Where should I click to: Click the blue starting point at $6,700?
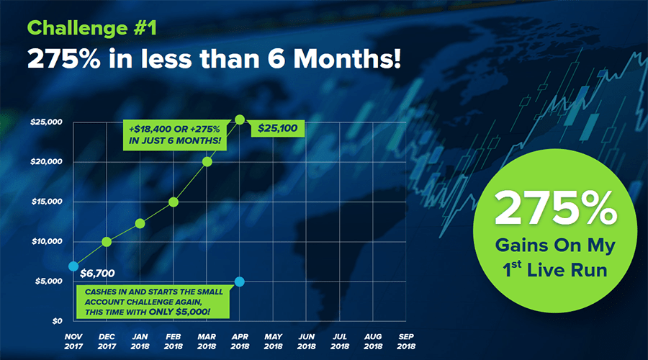pyautogui.click(x=73, y=266)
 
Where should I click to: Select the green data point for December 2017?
pyautogui.click(x=107, y=242)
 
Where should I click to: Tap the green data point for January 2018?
pyautogui.click(x=140, y=224)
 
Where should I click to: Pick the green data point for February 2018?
pyautogui.click(x=174, y=202)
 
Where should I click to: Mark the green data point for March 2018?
pyautogui.click(x=207, y=162)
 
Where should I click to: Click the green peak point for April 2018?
pyautogui.click(x=240, y=120)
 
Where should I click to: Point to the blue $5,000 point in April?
pyautogui.click(x=239, y=282)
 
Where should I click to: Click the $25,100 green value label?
pyautogui.click(x=277, y=128)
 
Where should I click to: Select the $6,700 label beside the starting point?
pyautogui.click(x=97, y=273)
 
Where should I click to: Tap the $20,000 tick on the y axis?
pyautogui.click(x=46, y=161)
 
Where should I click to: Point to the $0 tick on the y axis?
pyautogui.click(x=57, y=321)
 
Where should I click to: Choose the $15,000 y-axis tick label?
pyautogui.click(x=47, y=202)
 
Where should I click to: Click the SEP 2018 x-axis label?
pyautogui.click(x=406, y=341)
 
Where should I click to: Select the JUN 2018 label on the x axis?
pyautogui.click(x=306, y=341)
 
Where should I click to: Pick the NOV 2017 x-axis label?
pyautogui.click(x=73, y=341)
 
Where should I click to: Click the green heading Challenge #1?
pyautogui.click(x=91, y=28)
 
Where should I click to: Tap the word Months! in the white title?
pyautogui.click(x=347, y=58)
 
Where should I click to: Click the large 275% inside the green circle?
pyautogui.click(x=556, y=208)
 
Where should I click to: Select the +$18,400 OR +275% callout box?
pyautogui.click(x=175, y=135)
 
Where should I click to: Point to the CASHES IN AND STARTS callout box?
pyautogui.click(x=153, y=302)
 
